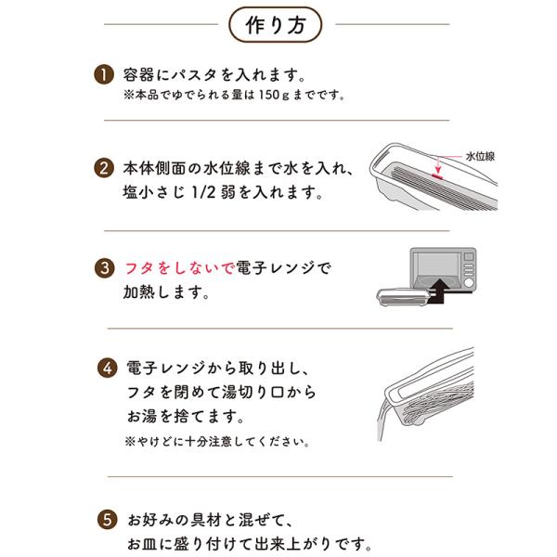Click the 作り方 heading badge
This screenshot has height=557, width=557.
pyautogui.click(x=276, y=25)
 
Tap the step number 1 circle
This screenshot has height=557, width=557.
pyautogui.click(x=104, y=74)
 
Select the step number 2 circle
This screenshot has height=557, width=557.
pyautogui.click(x=104, y=168)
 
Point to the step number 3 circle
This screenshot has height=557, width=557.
pyautogui.click(x=104, y=268)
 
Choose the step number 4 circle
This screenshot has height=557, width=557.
pyautogui.click(x=108, y=369)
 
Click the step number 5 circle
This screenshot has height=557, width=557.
pyautogui.click(x=108, y=520)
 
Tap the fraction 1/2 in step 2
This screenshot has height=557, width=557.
pyautogui.click(x=203, y=192)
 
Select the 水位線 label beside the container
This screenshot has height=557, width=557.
pyautogui.click(x=480, y=156)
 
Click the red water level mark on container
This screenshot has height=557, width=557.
pyautogui.click(x=437, y=175)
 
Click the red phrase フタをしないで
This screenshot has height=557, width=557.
pyautogui.click(x=180, y=268)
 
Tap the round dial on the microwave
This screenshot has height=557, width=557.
pyautogui.click(x=469, y=283)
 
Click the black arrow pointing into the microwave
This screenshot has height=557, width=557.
pyautogui.click(x=439, y=291)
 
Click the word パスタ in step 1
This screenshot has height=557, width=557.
pyautogui.click(x=193, y=74)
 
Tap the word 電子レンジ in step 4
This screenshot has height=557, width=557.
pyautogui.click(x=165, y=369)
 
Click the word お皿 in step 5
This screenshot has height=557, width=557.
pyautogui.click(x=142, y=544)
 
